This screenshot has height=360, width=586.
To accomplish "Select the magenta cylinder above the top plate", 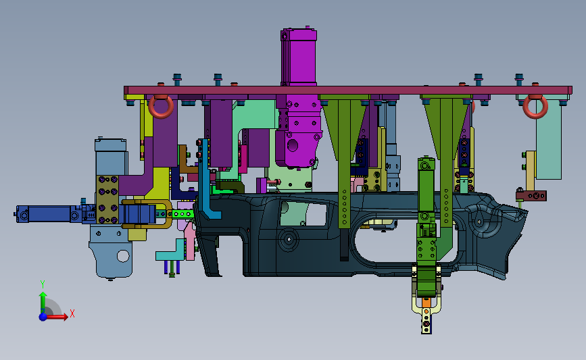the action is pyautogui.click(x=299, y=56).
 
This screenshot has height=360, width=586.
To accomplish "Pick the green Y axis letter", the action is pyautogui.click(x=43, y=284).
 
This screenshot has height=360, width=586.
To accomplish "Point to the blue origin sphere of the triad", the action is pyautogui.click(x=43, y=317).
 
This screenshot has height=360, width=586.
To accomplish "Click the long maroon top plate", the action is pyautogui.click(x=348, y=91).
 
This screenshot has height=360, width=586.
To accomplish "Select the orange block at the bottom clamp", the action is pyautogui.click(x=426, y=302).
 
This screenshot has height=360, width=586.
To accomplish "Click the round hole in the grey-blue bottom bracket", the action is pyautogui.click(x=123, y=256).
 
